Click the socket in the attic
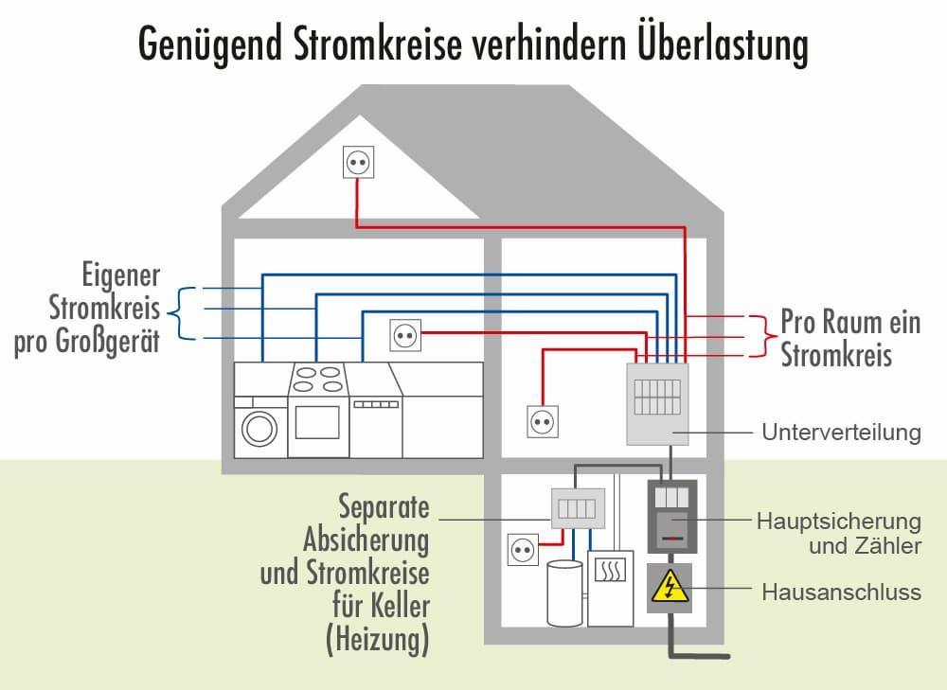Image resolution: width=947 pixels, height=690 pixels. tap(358, 163)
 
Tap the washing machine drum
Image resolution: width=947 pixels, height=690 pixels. tap(258, 429)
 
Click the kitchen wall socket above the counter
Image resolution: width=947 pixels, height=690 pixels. tap(404, 333)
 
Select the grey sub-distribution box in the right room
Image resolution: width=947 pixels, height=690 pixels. tap(657, 403)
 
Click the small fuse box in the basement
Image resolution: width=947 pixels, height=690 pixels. tap(578, 508)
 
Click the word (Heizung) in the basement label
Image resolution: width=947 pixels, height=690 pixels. tap(377, 640)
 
